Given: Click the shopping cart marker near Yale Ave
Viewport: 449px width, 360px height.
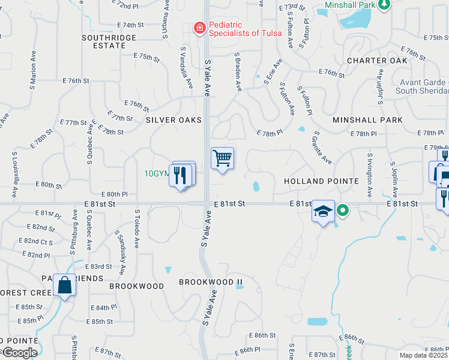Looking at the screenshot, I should click(222, 159).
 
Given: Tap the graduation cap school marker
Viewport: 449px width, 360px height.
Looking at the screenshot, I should click(323, 212).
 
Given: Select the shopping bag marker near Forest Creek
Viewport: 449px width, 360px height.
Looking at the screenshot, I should click(64, 286).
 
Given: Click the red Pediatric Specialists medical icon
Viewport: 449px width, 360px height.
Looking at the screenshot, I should click(199, 28).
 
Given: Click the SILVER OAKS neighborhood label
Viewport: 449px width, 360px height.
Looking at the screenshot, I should click(173, 120).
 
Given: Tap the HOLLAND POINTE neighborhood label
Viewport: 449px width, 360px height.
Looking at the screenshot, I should click(321, 181).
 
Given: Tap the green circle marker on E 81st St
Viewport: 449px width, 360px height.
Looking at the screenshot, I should click(342, 210).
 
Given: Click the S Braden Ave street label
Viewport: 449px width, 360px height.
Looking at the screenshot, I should click(238, 71).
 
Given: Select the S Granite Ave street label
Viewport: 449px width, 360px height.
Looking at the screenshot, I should click(322, 148).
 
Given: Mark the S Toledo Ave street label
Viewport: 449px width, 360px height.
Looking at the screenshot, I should click(137, 228).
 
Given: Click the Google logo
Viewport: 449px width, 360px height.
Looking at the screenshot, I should click(19, 353).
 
